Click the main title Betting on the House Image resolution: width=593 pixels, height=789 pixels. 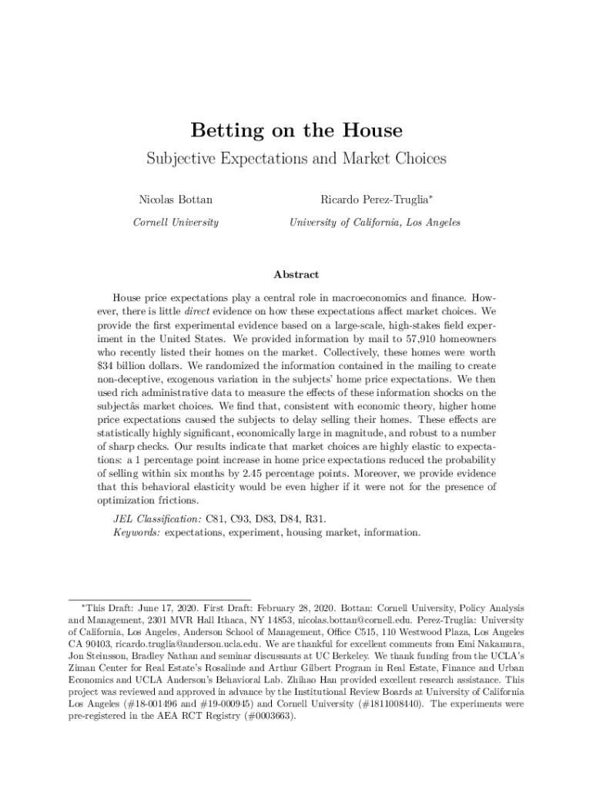point(296,130)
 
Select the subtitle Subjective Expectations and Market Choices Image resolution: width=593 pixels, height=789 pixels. point(296,159)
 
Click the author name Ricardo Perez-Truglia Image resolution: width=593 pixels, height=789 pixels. point(374,200)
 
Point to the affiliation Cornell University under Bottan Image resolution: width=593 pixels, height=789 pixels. point(176,223)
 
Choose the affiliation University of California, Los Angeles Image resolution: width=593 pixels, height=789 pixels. point(375,223)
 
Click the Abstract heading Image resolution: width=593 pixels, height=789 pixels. point(296,274)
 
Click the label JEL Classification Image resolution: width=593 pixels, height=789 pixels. point(158,519)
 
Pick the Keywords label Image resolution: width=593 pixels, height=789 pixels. point(136,532)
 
